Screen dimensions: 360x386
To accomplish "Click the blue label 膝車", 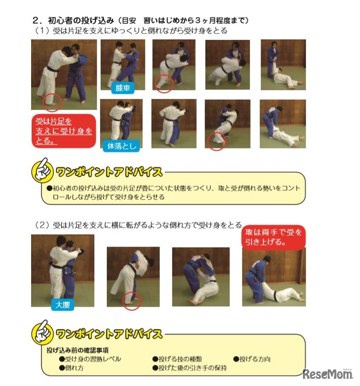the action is [122, 88].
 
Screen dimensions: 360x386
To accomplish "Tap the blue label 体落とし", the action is [121, 146].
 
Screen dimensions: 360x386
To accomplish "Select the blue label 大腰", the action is [63, 305].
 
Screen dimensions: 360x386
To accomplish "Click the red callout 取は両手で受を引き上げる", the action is [273, 237].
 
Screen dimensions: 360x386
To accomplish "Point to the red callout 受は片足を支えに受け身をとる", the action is [64, 131].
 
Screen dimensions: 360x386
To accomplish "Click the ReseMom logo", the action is [327, 374].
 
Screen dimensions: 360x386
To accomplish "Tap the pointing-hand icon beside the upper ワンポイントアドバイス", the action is [42, 170].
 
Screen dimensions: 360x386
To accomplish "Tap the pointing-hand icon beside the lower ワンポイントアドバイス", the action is [42, 332].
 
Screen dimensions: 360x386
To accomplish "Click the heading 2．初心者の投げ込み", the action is [73, 20].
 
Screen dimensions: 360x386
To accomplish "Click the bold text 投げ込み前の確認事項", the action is [77, 350].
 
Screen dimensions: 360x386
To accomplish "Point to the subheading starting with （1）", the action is [130, 31].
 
